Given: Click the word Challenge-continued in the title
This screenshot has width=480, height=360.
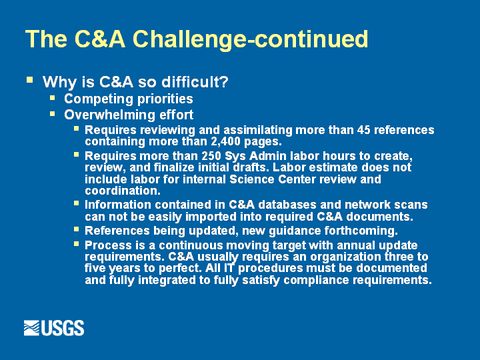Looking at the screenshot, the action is tap(250, 39).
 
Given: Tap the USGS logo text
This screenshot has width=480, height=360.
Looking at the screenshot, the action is tap(62, 328).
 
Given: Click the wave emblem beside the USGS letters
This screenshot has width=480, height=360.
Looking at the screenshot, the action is tap(31, 328).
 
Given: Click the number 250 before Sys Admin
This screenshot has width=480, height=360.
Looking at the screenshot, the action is tap(211, 156).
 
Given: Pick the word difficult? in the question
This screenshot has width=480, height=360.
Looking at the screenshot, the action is tap(195, 82).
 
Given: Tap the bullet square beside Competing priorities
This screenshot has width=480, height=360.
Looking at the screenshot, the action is tap(53, 98).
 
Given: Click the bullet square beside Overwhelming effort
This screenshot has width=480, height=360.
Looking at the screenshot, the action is tap(53, 114).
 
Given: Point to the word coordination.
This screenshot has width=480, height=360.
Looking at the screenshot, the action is tap(123, 191).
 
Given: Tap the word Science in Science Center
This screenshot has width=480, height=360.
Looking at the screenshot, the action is tap(252, 179).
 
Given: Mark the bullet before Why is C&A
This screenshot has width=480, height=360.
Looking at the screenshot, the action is tap(29, 80).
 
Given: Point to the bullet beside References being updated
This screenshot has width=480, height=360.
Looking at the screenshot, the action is tap(76, 229).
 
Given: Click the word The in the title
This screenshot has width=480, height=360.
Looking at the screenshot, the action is tap(46, 39).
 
